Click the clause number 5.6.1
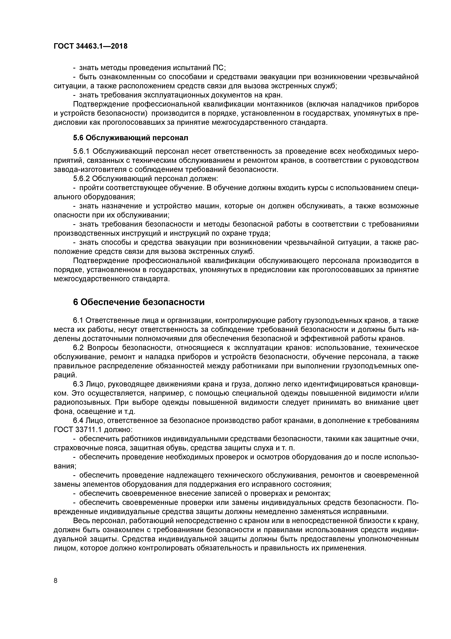click(81, 151)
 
